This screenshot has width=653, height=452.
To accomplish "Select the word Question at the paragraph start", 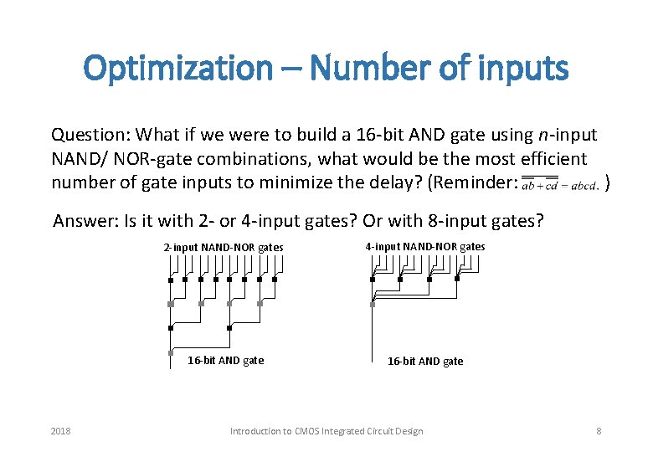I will point(89,135).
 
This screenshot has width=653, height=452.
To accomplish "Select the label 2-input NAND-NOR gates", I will point(224,247).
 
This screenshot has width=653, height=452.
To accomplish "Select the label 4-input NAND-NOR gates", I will point(424,246).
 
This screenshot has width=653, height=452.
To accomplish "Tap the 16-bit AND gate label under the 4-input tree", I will point(425,362).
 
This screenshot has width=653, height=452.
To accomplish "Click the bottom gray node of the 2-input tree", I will point(171,352).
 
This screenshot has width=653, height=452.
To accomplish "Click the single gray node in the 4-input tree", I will point(372,303).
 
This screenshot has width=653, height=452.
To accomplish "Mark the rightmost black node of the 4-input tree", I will point(457,280).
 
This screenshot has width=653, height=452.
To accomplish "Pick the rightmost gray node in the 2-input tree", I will point(260,304).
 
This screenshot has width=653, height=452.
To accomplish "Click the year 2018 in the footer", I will point(60,431).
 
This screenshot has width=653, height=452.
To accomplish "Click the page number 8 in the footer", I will point(599,431).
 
